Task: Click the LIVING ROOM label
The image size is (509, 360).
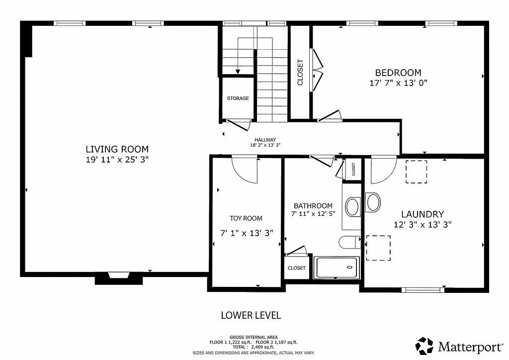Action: tap(117, 149)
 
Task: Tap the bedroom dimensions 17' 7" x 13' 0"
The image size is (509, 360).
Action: tap(398, 83)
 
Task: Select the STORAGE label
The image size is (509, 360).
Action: tap(238, 98)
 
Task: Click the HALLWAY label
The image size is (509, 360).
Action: tap(265, 140)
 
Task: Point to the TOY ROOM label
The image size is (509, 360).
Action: tap(246, 218)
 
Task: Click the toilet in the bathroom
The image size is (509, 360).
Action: tap(349, 242)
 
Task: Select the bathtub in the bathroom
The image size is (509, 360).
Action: tap(337, 268)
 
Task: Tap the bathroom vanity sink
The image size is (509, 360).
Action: tap(352, 207)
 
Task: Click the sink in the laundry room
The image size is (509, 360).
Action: tap(373, 202)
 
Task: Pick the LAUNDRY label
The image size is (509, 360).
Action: tap(423, 214)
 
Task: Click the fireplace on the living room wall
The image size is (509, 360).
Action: tap(119, 278)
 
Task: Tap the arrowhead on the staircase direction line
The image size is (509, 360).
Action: tap(238, 72)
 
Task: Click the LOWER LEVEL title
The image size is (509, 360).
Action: tap(251, 315)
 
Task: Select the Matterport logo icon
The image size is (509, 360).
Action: tap(425, 346)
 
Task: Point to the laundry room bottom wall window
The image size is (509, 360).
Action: tap(423, 290)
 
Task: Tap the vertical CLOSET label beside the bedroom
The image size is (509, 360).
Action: tap(300, 73)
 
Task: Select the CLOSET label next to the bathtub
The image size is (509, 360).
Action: tap(297, 268)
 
